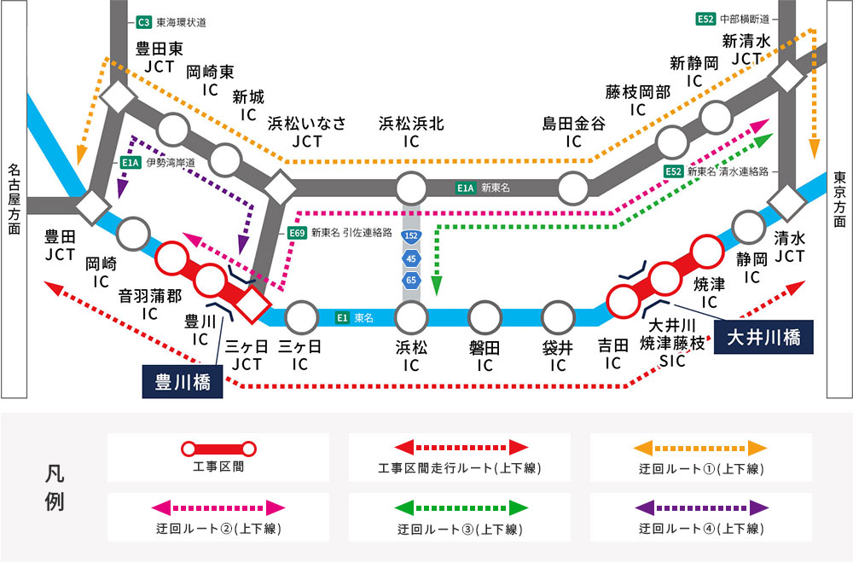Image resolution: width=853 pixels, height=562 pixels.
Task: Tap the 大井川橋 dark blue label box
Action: [763, 337]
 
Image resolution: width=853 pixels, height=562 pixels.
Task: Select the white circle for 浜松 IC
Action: [412, 317]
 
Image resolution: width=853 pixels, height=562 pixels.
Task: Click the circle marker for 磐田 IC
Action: [485, 317]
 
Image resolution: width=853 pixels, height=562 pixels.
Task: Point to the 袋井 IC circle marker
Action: [558, 317]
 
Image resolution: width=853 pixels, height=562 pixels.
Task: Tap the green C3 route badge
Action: [143, 22]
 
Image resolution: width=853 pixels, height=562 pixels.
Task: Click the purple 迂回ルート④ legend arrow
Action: [700, 507]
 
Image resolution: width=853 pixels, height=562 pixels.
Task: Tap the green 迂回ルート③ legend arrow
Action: [459, 507]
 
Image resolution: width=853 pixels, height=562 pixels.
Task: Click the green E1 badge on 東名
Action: [341, 317]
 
